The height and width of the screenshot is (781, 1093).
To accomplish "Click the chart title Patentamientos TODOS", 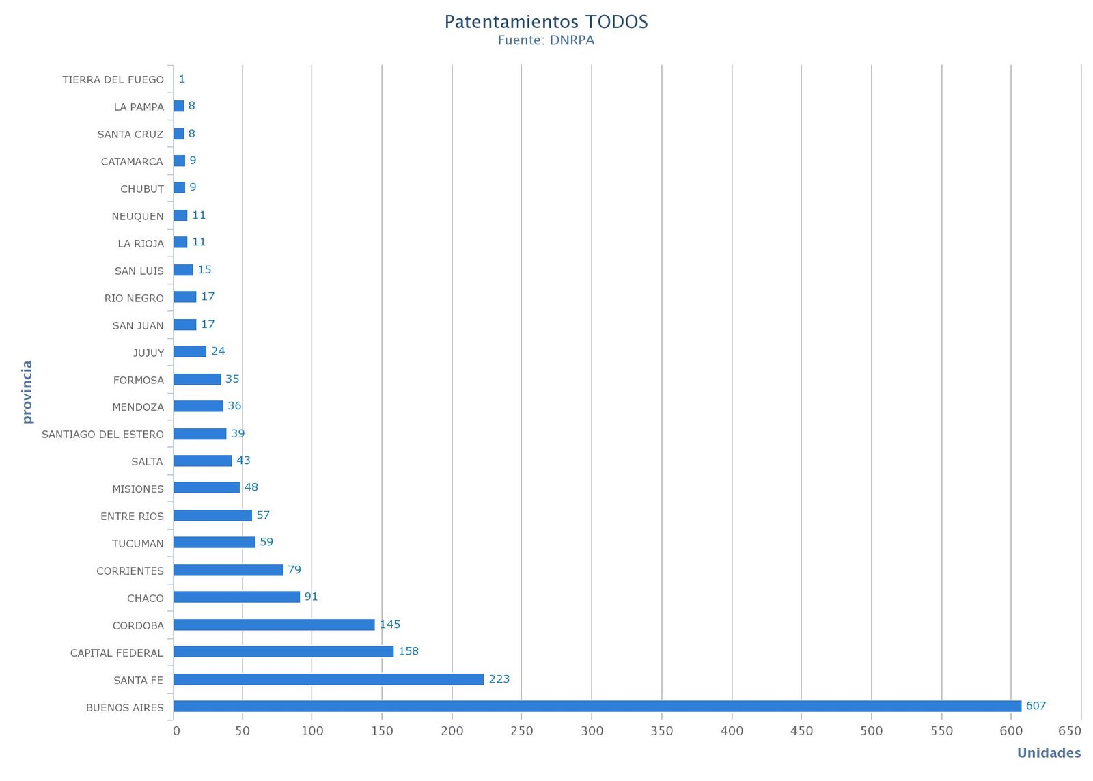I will (546, 22).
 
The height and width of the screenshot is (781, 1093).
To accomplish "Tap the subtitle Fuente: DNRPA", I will (546, 40).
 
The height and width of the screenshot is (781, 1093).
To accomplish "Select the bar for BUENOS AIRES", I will (597, 706).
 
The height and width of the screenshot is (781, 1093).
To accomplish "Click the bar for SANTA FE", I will (329, 679).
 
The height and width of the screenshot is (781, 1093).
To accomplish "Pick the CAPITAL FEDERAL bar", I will (283, 651).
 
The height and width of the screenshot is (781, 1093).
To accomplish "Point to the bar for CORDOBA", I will (274, 625).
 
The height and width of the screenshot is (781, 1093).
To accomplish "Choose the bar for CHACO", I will (236, 597).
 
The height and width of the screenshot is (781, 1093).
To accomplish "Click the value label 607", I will (1036, 706).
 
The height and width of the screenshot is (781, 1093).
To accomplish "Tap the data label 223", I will (499, 679).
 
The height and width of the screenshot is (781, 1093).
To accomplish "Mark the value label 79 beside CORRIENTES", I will (294, 570).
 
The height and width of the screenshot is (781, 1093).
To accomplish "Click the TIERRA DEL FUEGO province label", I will (113, 80).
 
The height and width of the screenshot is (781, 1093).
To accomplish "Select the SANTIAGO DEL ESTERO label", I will (102, 435).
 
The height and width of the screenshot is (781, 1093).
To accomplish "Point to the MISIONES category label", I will (138, 489).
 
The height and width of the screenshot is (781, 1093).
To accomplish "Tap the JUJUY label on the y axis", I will (148, 353).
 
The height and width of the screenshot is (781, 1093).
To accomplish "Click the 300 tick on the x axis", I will (592, 731).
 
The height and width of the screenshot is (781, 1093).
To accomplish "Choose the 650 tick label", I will (1070, 731).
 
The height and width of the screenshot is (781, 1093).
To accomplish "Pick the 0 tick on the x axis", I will (176, 731).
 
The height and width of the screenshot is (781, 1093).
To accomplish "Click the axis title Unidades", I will (1049, 753).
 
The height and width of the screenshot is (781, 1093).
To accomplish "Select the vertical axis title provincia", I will (27, 392).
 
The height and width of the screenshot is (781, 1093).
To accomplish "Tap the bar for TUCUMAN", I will (215, 542).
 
